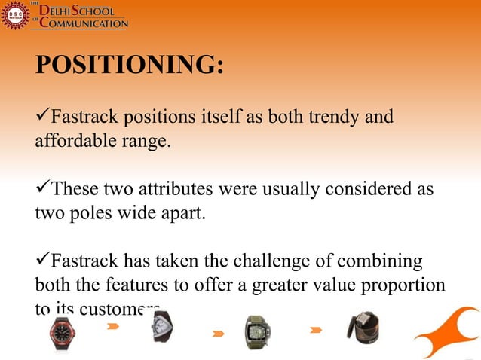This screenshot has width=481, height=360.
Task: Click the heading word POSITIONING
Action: (129, 66)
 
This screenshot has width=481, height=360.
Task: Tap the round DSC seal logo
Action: (14, 15)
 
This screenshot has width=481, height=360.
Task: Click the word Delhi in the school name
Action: (63, 10)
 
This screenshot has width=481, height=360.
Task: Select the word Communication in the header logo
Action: (84, 23)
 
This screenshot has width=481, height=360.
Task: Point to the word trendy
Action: (335, 118)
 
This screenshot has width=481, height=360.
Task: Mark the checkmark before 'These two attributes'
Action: (41, 188)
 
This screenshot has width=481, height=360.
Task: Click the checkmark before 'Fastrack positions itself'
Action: (41, 117)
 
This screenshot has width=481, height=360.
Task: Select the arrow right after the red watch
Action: (113, 326)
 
